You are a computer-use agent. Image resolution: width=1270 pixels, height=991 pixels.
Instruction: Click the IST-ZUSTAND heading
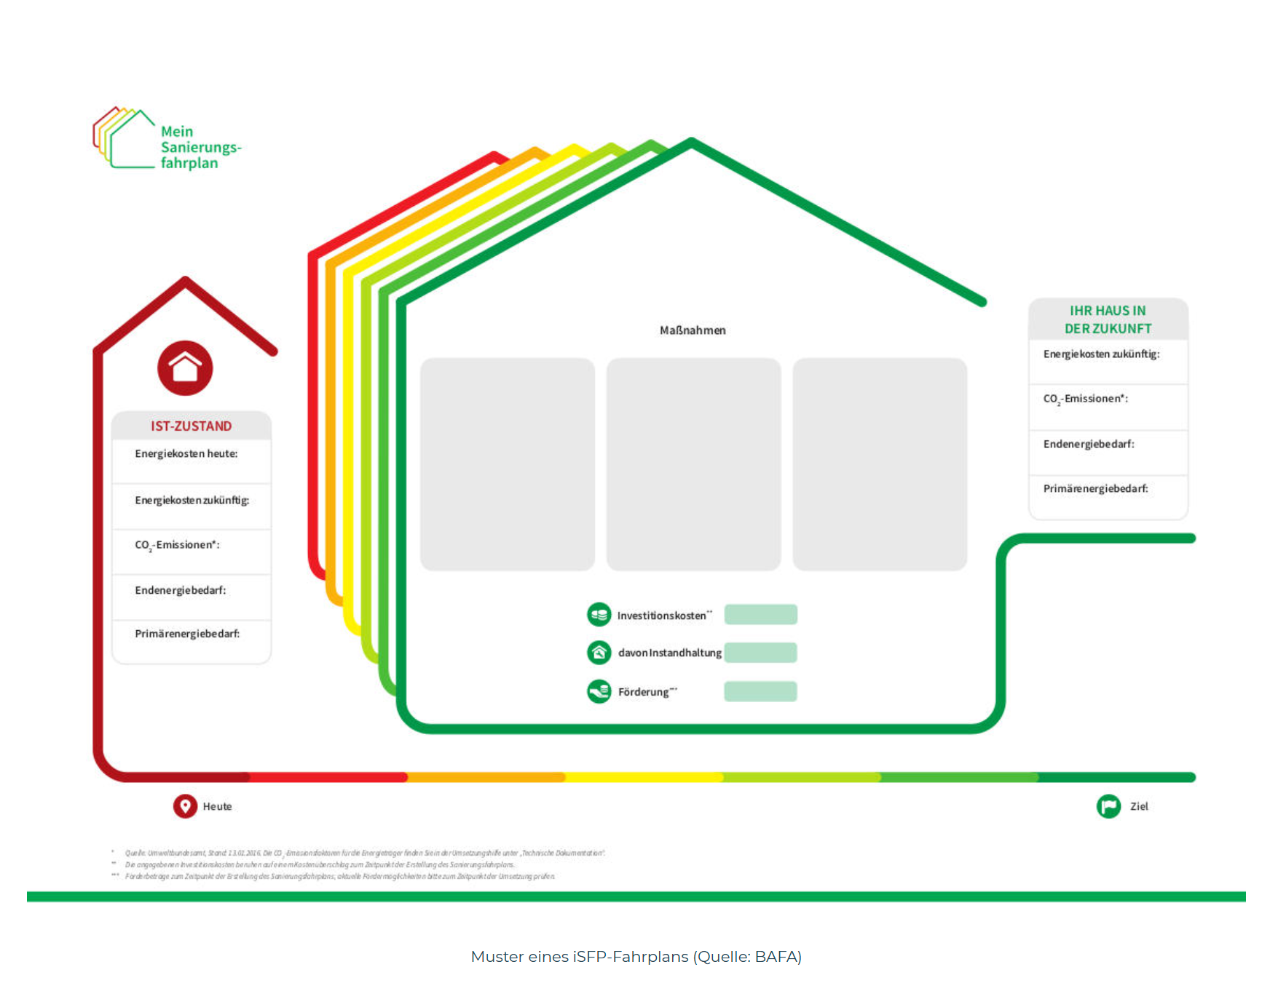point(191,426)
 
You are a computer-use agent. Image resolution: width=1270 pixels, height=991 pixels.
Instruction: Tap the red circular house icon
point(185,368)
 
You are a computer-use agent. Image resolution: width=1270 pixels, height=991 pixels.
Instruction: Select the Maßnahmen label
point(693,330)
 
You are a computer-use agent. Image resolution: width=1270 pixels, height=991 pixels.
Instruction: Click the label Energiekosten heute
point(186,454)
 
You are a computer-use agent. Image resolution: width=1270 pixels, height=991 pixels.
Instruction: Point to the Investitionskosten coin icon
point(599,615)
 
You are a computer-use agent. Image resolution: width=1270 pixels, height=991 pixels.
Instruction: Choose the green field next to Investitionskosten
point(760,615)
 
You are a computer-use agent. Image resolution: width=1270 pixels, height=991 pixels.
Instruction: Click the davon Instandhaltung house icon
point(599,653)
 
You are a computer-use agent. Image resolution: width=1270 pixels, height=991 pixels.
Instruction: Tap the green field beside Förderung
point(760,691)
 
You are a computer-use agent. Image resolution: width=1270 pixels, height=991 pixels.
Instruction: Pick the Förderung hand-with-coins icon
point(599,691)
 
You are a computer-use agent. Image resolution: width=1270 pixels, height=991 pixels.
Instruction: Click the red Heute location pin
point(185,806)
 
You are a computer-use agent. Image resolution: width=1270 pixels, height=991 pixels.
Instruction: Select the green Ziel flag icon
point(1108,806)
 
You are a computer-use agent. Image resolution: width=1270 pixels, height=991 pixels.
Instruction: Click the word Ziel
point(1139,806)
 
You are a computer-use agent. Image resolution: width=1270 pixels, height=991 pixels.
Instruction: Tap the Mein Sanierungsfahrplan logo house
point(125,138)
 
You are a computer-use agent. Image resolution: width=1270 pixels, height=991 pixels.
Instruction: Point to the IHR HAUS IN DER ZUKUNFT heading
point(1108,319)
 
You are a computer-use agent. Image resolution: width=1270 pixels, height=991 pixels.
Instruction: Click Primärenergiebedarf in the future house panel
point(1095,489)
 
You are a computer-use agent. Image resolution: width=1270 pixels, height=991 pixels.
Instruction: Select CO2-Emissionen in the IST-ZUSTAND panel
point(177,545)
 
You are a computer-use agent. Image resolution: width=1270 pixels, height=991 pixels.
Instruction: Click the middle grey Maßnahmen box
point(693,464)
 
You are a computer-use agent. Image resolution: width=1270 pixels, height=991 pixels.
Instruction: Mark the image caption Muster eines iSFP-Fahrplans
point(636,957)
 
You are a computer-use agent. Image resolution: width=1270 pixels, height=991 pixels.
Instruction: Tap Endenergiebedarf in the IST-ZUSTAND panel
point(180,590)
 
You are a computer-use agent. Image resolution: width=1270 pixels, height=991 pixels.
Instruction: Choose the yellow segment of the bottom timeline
point(644,777)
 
